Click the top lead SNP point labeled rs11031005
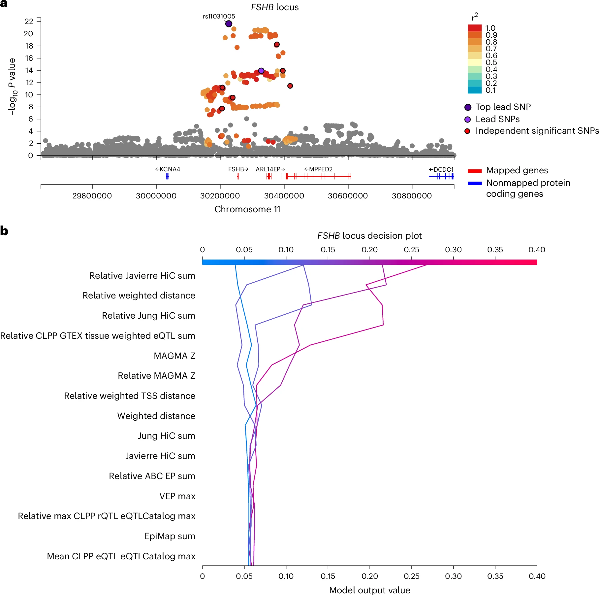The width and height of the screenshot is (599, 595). pos(229,24)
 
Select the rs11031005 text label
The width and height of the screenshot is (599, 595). pos(219,16)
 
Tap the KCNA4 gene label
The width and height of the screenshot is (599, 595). pos(168,169)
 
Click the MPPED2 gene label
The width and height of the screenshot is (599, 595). pos(318,169)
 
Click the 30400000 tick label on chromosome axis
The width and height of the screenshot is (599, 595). pos(284,196)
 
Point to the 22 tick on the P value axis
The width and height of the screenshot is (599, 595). pos(29,21)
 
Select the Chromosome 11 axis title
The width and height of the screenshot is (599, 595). pos(247,209)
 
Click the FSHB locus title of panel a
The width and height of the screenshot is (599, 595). pos(275,7)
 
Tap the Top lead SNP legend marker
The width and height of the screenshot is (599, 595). pos(468,107)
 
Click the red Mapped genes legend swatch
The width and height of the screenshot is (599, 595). pos(475,171)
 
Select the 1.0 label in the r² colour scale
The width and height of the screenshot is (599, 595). pos(490,28)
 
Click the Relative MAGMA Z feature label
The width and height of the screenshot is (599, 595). pos(156,376)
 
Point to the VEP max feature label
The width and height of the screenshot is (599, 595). pos(177,496)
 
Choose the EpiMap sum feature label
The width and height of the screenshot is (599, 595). pos(170,536)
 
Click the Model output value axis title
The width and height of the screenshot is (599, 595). pos(369,590)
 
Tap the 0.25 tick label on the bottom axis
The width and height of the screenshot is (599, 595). pos(411,576)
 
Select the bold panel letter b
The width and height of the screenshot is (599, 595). pos(4,231)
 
